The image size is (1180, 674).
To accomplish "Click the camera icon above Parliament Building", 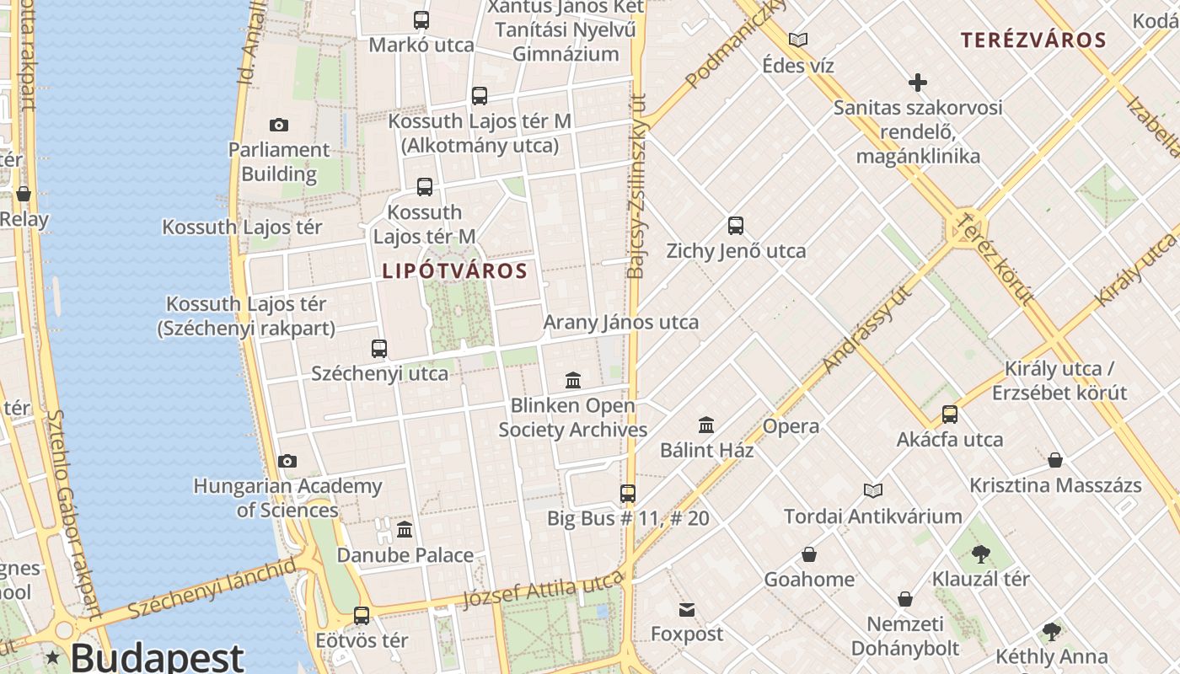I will click(x=279, y=125).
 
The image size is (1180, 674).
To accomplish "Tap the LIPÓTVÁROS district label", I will click(x=454, y=271).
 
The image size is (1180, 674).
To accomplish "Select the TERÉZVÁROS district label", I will click(x=1033, y=40).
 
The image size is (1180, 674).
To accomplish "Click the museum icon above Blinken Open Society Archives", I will click(x=573, y=381).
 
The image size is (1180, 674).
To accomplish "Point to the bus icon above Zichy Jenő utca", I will click(x=736, y=226).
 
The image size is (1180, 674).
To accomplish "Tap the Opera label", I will click(x=791, y=426).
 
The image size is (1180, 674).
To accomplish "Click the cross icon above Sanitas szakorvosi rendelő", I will click(x=918, y=83).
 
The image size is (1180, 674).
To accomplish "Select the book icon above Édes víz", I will click(x=798, y=40).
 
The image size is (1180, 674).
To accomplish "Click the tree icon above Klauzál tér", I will click(x=980, y=554).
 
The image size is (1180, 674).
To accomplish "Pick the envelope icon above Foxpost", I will click(x=687, y=609).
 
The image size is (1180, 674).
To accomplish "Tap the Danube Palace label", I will click(x=405, y=555).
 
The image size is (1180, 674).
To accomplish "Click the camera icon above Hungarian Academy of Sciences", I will click(x=287, y=462).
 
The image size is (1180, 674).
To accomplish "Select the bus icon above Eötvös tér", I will click(x=362, y=616).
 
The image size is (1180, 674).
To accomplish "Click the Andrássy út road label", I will click(x=866, y=329).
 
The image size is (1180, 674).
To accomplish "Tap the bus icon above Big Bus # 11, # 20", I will click(x=628, y=494).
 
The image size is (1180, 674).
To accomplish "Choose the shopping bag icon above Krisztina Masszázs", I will click(x=1055, y=460).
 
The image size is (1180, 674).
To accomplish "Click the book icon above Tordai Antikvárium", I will click(x=873, y=490).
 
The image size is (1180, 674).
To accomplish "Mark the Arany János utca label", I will click(x=620, y=322).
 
